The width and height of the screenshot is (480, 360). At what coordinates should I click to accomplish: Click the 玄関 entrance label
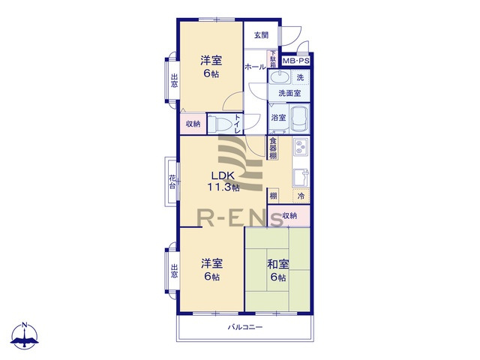261,35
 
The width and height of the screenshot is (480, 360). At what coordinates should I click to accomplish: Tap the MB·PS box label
295,61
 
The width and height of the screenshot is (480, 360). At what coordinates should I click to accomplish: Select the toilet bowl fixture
220,124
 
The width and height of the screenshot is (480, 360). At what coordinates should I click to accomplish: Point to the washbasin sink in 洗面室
280,76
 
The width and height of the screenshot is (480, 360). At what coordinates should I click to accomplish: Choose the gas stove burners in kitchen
300,147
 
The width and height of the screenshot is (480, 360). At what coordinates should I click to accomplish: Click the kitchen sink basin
301,178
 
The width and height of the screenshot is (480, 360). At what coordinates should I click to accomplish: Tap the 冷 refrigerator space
301,196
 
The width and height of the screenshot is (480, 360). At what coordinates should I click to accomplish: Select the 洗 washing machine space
300,77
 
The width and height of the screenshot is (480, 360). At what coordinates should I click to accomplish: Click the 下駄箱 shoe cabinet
273,59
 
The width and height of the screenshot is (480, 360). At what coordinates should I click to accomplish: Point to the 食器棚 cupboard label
273,148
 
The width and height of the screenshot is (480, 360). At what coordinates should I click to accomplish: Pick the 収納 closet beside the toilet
193,124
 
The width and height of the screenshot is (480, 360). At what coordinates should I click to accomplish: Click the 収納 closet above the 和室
289,216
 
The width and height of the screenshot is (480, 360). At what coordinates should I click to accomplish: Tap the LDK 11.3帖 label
223,181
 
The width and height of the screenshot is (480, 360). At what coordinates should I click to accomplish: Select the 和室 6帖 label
278,271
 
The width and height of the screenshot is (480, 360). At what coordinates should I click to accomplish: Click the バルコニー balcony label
245,327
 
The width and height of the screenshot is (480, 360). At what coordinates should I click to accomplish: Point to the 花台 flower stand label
172,181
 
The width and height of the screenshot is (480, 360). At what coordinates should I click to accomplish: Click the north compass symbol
25,335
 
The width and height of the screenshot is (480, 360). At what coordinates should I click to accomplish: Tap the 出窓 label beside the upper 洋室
174,80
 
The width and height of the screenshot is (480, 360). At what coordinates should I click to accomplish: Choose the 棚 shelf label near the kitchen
273,196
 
